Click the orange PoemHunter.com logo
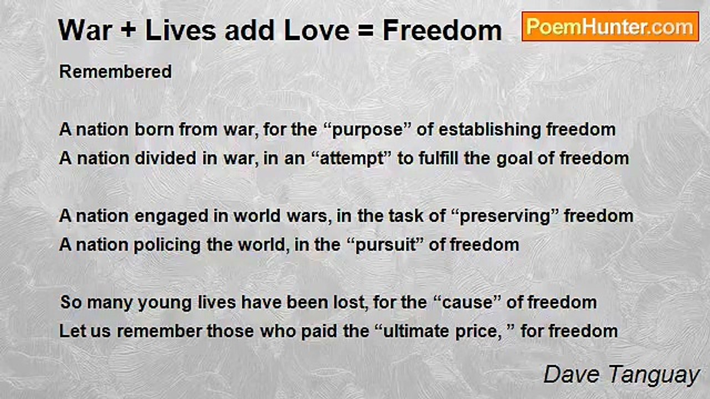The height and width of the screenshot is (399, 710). point(610,27)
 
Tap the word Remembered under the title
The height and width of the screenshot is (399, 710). point(115,71)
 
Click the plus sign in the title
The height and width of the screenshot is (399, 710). point(128,30)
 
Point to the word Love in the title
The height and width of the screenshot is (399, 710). point(317,30)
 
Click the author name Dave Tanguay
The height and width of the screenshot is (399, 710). point(622,375)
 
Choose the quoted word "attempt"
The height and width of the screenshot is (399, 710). point(352,158)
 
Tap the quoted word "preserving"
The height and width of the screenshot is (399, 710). point(504,217)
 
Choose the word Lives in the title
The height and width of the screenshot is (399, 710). point(181,30)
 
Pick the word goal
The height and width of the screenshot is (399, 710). point(514,158)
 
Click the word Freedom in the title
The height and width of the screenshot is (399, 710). point(442,30)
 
